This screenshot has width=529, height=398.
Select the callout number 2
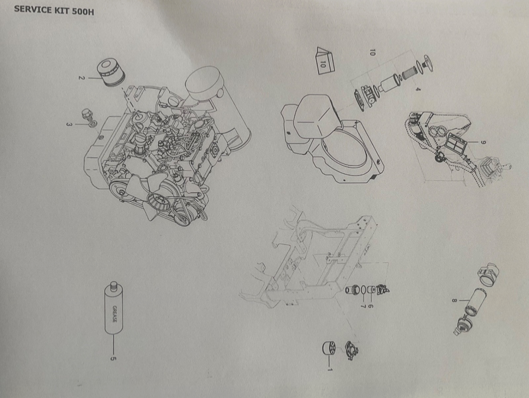80,78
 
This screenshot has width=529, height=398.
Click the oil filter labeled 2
111,73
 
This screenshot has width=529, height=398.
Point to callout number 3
69,125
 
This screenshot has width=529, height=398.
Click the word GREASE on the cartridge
115,314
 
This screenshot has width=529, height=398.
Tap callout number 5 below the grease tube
114,358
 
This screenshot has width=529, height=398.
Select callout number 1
330,369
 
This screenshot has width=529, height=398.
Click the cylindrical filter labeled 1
328,348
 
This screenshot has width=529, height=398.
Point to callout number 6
371,306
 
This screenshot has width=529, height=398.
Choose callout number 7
363,306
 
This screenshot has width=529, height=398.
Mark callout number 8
455,300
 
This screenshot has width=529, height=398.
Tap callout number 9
483,142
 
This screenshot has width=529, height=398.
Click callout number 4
418,89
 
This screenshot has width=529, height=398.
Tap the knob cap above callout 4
426,63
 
